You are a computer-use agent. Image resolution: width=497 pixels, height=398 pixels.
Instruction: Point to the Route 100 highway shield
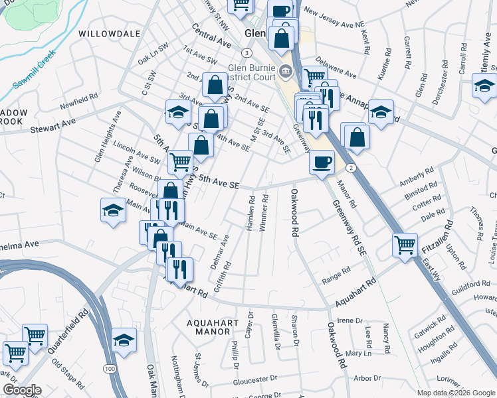pos(109,368)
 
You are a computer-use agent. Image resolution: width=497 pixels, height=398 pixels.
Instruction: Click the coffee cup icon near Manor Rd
pos(322,161)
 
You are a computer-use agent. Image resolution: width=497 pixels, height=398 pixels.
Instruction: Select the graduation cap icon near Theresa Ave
pos(114,211)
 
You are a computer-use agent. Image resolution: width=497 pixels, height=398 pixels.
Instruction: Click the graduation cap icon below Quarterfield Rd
pos(124,341)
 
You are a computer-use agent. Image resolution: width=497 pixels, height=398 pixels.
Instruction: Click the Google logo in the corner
pos(21,390)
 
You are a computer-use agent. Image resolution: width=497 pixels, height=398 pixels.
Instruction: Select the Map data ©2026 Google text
pos(456,393)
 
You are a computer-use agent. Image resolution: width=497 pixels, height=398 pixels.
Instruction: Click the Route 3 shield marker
pos(247,52)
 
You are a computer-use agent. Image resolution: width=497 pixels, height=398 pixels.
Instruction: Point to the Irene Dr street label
pos(349,320)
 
